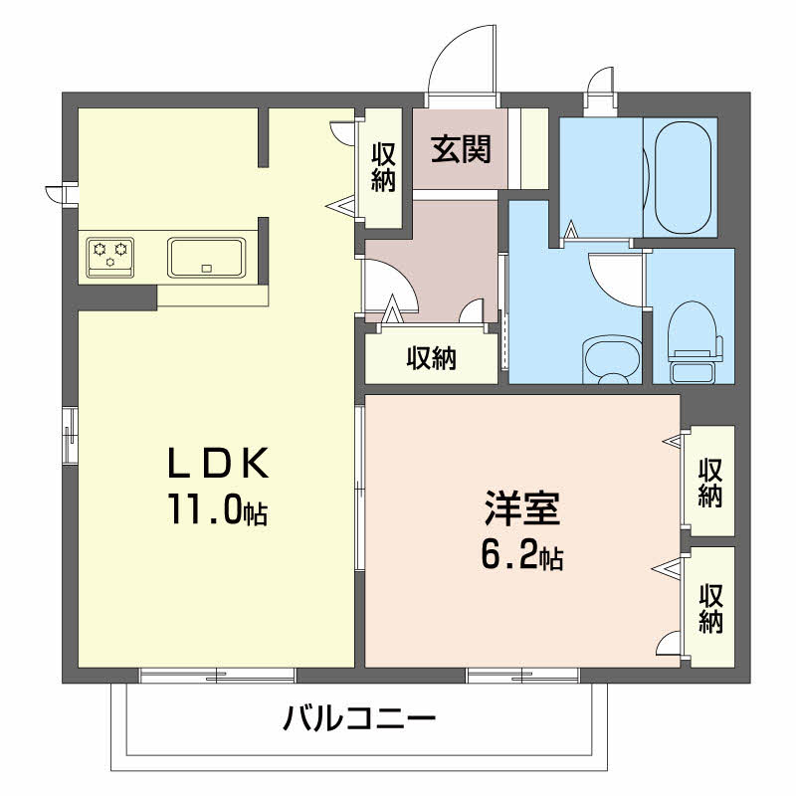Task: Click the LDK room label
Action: pos(218,463)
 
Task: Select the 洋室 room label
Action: pos(522,507)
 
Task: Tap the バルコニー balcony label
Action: pos(359,718)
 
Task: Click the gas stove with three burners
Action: pos(110,258)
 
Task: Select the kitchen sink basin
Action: pos(207,258)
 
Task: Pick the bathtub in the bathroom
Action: pos(683,178)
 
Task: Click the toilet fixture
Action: pos(695,342)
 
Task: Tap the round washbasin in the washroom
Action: pos(611,359)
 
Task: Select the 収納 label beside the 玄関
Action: pos(383,167)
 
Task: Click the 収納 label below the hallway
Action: pos(432,358)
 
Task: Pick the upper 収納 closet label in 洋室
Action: pos(710,483)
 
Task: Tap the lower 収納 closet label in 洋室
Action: pos(710,609)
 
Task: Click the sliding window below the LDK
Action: pos(217,676)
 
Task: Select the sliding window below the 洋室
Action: pos(523,676)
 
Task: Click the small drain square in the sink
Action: pos(206,269)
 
